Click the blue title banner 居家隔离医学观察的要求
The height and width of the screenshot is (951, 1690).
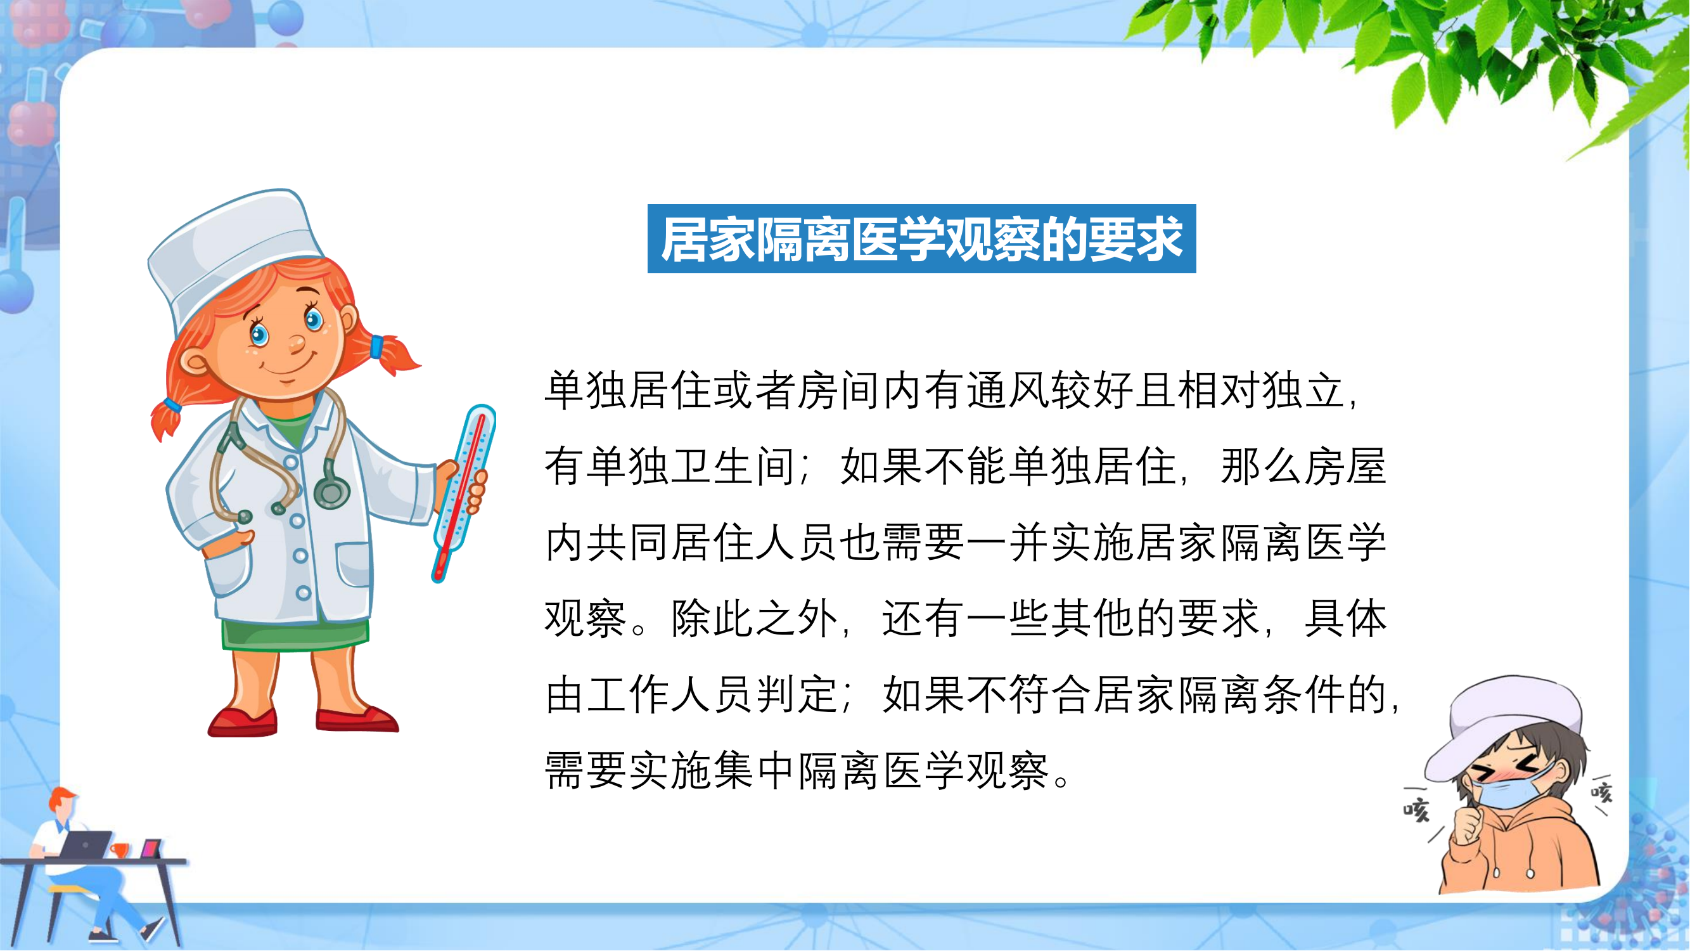point(922,239)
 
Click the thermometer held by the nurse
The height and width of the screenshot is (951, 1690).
point(463,493)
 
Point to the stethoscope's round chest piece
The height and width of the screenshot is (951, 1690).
point(332,491)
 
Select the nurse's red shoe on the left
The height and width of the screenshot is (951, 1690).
point(243,722)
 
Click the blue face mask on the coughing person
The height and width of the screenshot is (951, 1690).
point(1512,787)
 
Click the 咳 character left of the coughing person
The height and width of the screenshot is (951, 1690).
point(1416,810)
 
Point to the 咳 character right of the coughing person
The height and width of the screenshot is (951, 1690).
point(1601,793)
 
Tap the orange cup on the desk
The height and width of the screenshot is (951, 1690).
point(118,850)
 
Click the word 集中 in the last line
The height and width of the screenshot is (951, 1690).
point(755,770)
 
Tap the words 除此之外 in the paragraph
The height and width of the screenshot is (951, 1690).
point(755,618)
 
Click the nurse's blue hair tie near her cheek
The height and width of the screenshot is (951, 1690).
point(376,346)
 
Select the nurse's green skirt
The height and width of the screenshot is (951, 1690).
point(295,633)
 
